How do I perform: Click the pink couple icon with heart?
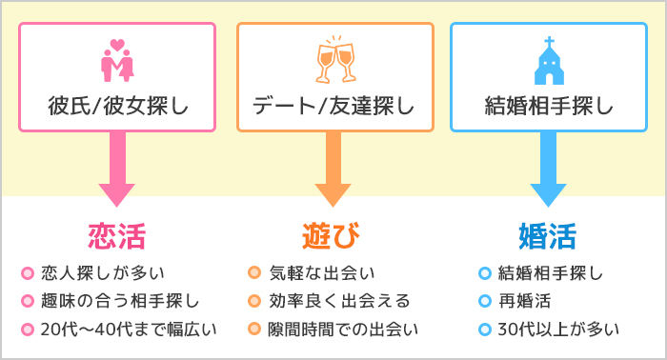pos(118,61)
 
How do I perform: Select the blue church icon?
pos(548,61)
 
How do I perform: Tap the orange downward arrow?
pos(334,170)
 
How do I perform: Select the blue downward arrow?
pos(548,170)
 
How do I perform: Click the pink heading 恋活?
pos(117,233)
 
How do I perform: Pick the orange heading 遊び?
pos(333,233)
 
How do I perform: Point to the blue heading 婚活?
pos(547,233)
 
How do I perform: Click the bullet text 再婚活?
pos(525,302)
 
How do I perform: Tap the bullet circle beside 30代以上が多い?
pos(485,330)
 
